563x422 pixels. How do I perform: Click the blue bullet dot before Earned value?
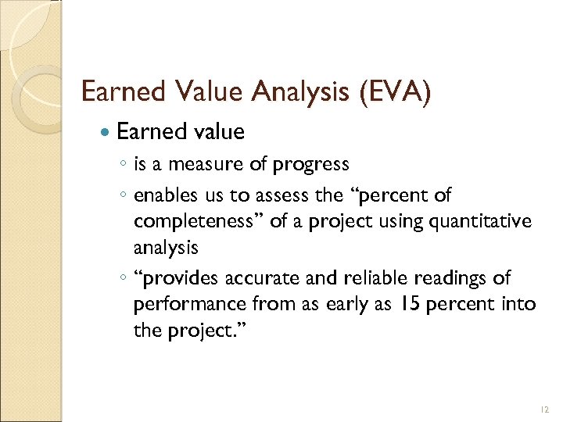(x=106, y=133)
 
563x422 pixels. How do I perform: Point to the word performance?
(x=186, y=304)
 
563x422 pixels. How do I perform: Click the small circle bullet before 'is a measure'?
(x=126, y=166)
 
